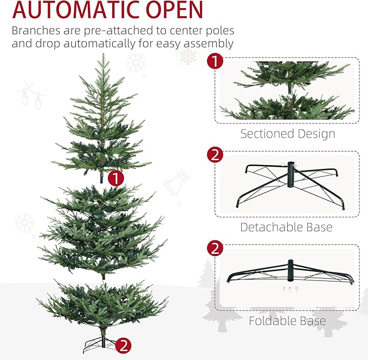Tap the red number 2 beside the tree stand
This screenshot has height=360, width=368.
(x=124, y=345)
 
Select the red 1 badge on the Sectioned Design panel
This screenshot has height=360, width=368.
(x=215, y=61)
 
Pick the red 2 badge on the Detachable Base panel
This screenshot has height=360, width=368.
(x=215, y=155)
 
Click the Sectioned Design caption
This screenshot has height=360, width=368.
(x=288, y=134)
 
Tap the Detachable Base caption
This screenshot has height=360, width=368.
(x=286, y=227)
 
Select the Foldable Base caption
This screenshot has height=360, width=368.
(x=287, y=321)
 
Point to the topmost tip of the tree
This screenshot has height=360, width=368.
(x=102, y=55)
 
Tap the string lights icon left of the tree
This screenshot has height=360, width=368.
(x=29, y=95)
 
